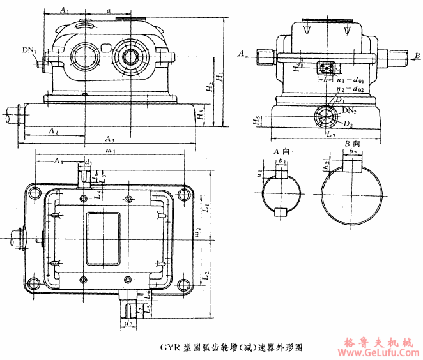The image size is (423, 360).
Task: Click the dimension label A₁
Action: pyautogui.click(x=65, y=10)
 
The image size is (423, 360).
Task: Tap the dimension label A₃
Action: pyautogui.click(x=109, y=139)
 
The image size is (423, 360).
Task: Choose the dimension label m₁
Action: pyautogui.click(x=110, y=151)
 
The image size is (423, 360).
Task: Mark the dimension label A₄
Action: pyautogui.click(x=59, y=160)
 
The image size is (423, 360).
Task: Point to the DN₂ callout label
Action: pyautogui.click(x=349, y=110)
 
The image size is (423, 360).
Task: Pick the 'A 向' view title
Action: pyautogui.click(x=283, y=152)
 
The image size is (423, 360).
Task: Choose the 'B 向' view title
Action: pyautogui.click(x=353, y=146)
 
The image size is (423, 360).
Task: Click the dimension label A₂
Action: pyautogui.click(x=54, y=130)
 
